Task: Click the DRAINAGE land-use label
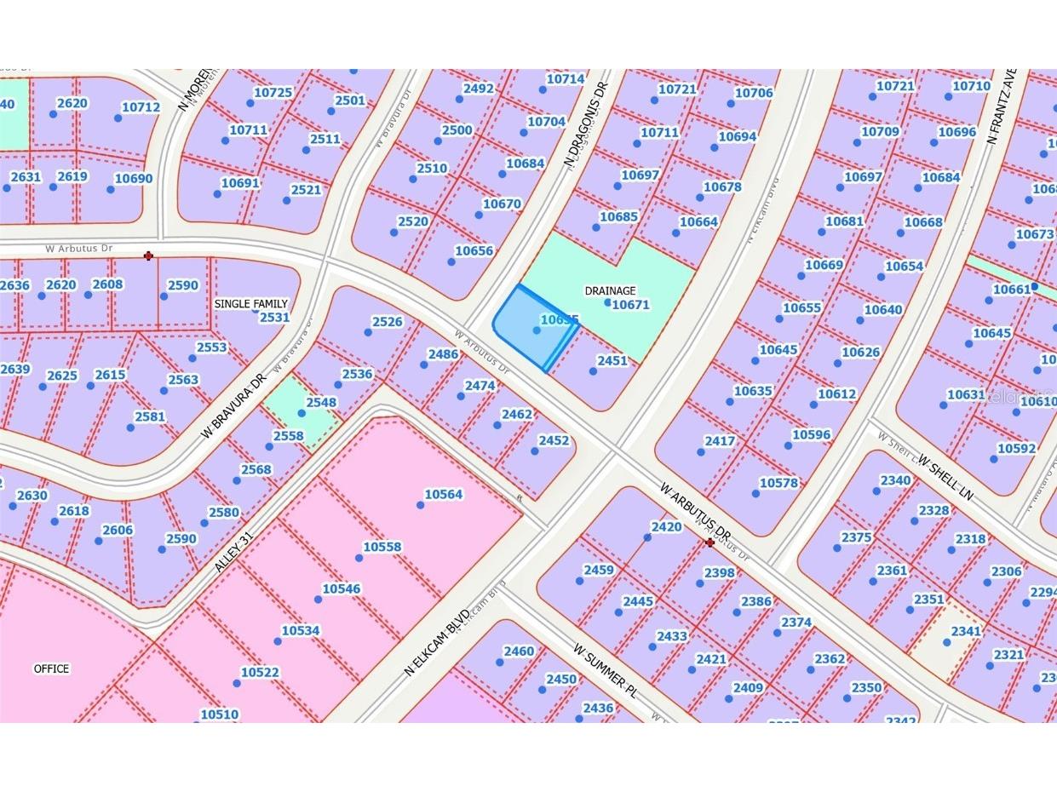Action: (x=610, y=290)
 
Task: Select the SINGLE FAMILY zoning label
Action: (x=250, y=303)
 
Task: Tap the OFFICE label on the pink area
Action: (x=51, y=669)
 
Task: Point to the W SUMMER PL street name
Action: (x=605, y=670)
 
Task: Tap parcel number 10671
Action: (x=630, y=304)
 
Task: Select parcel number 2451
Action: (x=612, y=360)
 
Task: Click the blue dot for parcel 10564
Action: (x=420, y=505)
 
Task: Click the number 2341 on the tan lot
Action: (x=966, y=631)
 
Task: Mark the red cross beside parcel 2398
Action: (x=709, y=542)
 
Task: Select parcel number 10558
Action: (x=382, y=547)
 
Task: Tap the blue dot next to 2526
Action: (x=368, y=332)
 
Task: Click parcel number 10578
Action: (x=778, y=483)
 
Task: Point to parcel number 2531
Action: (x=274, y=317)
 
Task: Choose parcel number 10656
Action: (x=474, y=250)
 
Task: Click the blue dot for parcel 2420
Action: (x=647, y=537)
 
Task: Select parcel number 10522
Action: (x=259, y=672)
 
